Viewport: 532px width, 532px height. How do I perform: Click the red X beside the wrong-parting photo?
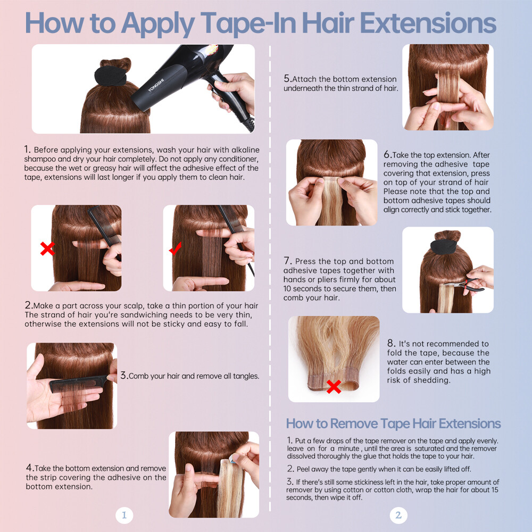[x=47, y=248]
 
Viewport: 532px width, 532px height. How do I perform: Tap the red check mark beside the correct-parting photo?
[x=176, y=248]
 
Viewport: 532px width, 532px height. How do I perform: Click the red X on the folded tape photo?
[x=334, y=386]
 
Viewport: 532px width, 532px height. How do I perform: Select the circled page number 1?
[x=124, y=515]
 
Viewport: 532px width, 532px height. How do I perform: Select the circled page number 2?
[x=398, y=515]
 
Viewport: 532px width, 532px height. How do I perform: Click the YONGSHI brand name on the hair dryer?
[x=156, y=85]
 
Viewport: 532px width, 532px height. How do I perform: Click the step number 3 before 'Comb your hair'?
[x=124, y=375]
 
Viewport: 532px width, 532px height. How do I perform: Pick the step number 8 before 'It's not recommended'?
[x=391, y=343]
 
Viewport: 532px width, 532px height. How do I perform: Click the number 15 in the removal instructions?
[x=495, y=489]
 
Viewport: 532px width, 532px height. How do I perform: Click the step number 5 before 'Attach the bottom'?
[x=287, y=78]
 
